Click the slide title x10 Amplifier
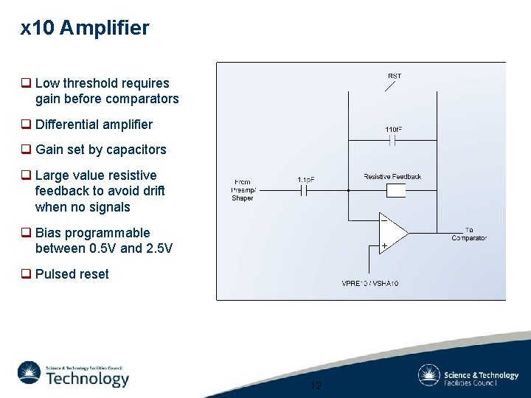point(85,29)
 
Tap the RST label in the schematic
point(395,76)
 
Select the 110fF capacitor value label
point(394,130)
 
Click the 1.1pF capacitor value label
point(306,180)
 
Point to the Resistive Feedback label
point(392,177)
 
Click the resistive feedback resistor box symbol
point(396,191)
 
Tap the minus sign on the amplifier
point(384,219)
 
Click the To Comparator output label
point(469,234)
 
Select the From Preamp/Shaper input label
point(242,190)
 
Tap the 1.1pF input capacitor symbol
point(305,191)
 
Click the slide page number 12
point(316,385)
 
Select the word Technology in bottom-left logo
point(87,379)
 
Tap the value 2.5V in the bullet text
point(160,248)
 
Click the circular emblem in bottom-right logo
point(428,375)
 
